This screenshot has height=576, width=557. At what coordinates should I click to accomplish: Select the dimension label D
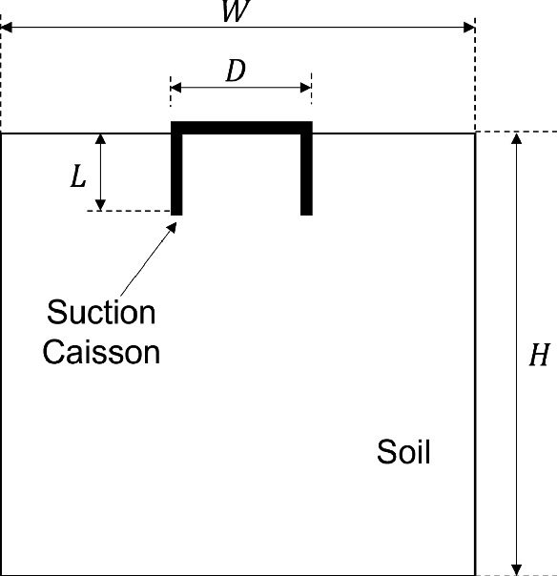pyautogui.click(x=235, y=72)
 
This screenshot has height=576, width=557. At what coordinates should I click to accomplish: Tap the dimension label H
pyautogui.click(x=539, y=356)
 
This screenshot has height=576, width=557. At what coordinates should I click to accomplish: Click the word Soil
pyautogui.click(x=403, y=451)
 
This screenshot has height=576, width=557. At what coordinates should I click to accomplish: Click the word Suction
pyautogui.click(x=101, y=312)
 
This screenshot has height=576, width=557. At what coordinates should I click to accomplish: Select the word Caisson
pyautogui.click(x=101, y=352)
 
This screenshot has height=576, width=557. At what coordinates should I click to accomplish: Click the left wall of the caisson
pyautogui.click(x=176, y=172)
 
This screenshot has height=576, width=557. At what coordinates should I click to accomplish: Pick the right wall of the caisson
pyautogui.click(x=306, y=172)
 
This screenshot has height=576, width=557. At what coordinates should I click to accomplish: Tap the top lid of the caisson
pyautogui.click(x=241, y=128)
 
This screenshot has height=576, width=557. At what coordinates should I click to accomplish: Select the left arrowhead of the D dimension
pyautogui.click(x=175, y=88)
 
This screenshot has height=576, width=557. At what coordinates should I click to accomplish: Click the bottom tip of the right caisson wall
pyautogui.click(x=306, y=214)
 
